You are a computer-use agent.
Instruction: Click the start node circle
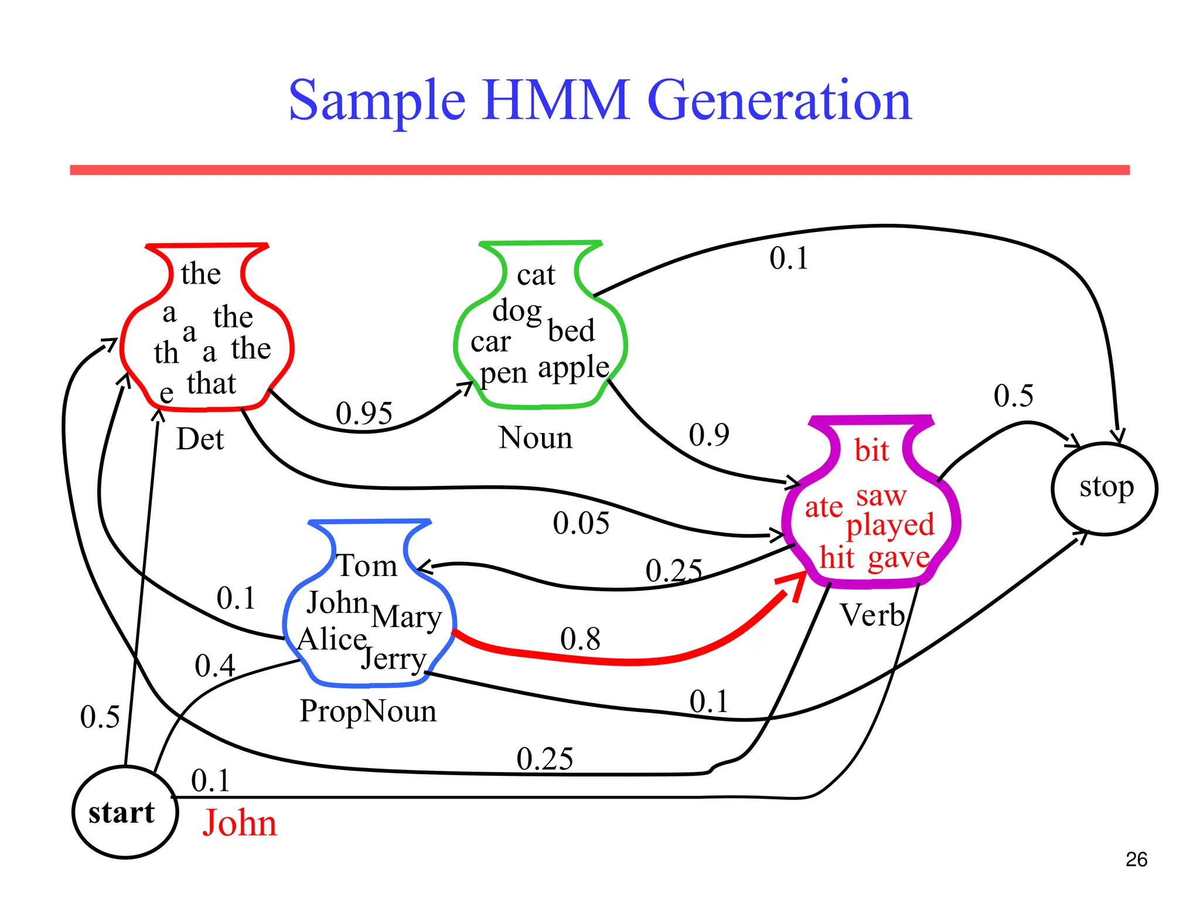124,813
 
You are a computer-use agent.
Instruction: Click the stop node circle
1104,488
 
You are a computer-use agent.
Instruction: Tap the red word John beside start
240,823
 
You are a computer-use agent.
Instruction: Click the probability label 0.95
364,413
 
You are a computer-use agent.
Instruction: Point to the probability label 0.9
709,435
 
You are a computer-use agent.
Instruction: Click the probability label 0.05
581,523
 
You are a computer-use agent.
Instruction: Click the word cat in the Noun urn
536,274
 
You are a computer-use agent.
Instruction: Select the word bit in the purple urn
871,450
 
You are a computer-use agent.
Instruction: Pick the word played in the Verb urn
889,526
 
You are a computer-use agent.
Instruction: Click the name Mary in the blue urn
407,618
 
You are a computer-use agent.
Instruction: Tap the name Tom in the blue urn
367,566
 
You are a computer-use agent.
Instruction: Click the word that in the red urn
212,384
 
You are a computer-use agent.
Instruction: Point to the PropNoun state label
368,711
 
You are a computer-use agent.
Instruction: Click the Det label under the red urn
200,439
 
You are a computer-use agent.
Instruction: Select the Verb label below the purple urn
872,615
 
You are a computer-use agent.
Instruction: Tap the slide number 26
1136,860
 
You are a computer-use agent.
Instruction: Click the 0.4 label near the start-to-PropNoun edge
215,666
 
